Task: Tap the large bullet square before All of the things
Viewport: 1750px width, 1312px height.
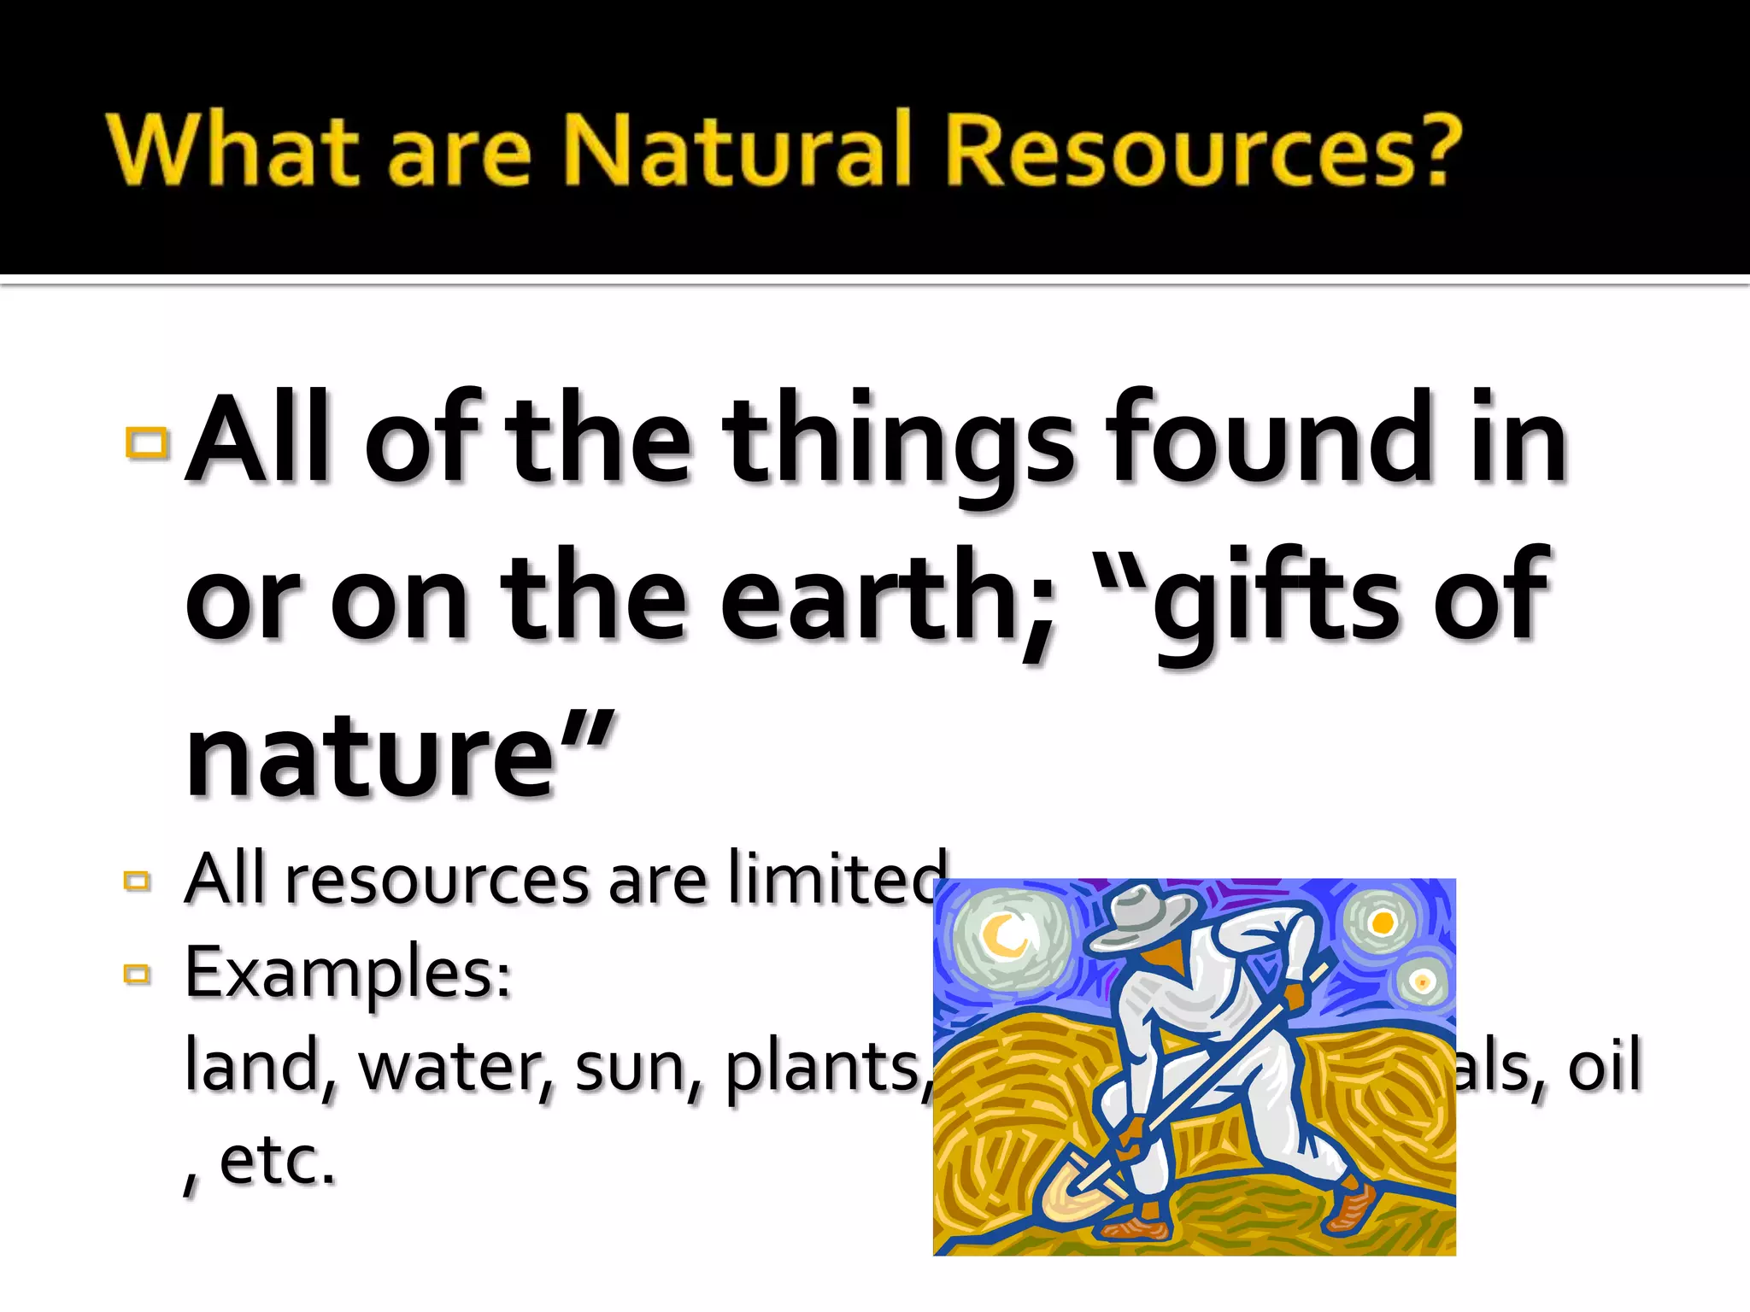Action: (147, 442)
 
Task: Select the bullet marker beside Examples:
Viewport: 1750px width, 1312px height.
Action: (137, 973)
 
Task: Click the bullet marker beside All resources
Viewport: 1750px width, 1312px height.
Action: (137, 880)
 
